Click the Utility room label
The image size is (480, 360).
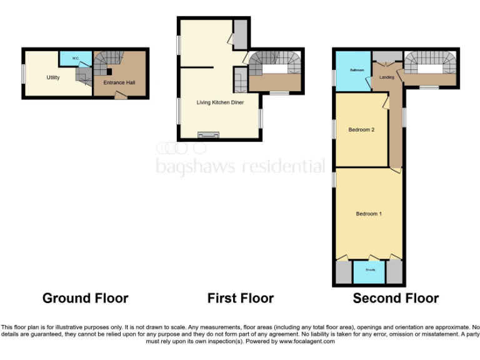pyautogui.click(x=52, y=77)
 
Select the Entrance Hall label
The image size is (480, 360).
pyautogui.click(x=119, y=82)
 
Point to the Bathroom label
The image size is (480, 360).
pyautogui.click(x=356, y=70)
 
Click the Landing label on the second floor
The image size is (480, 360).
pyautogui.click(x=387, y=77)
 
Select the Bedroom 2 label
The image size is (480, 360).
pyautogui.click(x=361, y=130)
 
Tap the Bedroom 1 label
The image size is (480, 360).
pyautogui.click(x=369, y=214)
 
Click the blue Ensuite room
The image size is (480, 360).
pyautogui.click(x=369, y=272)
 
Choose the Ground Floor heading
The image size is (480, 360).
pyautogui.click(x=85, y=298)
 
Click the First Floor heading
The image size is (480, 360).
pyautogui.click(x=241, y=298)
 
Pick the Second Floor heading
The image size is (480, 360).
pyautogui.click(x=396, y=298)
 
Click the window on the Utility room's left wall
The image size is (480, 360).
pyautogui.click(x=24, y=73)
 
